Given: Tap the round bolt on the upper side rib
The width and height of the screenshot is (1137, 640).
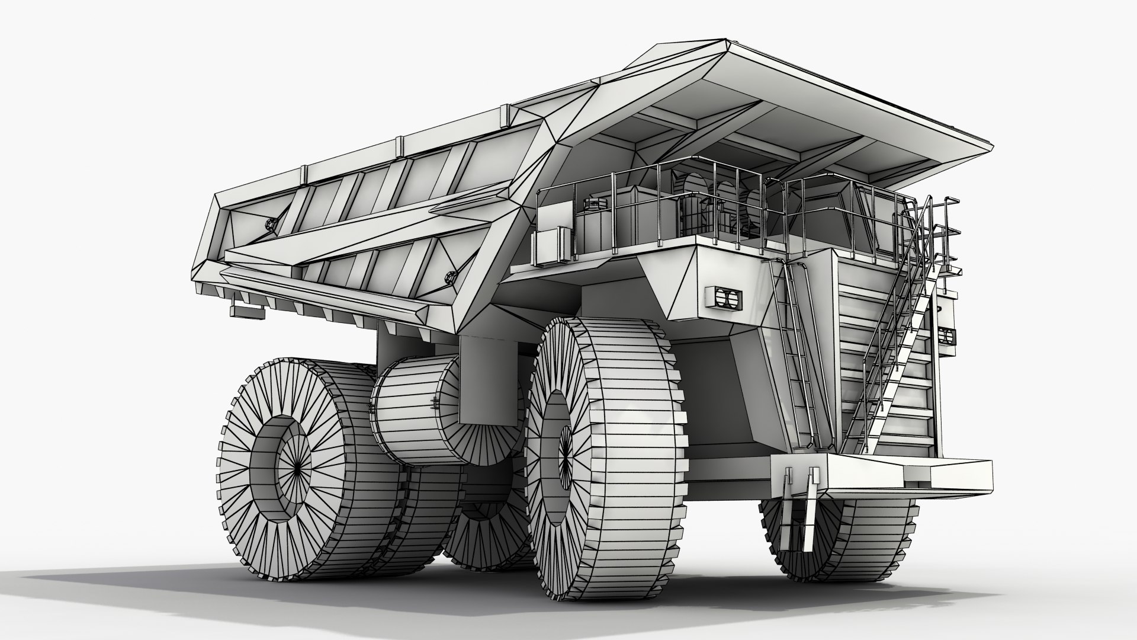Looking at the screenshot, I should tap(271, 224).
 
